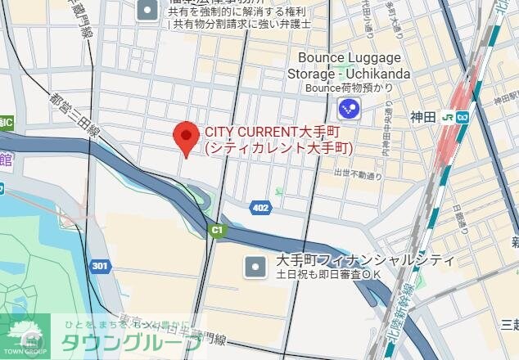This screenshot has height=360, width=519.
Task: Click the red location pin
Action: point(187,137)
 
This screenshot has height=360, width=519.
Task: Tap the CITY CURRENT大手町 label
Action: point(271,131)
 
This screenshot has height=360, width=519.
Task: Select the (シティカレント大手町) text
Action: point(278,148)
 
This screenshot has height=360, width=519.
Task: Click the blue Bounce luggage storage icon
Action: point(349,106)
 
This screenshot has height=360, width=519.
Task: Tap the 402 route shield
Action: point(260,208)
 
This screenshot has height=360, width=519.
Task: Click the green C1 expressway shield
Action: point(215,231)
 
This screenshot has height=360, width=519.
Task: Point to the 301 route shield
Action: point(100,266)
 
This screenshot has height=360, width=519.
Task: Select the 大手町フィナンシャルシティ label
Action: point(365,260)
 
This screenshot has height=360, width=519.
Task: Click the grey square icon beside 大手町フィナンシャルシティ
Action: point(256,266)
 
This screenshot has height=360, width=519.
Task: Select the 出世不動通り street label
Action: point(358,174)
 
